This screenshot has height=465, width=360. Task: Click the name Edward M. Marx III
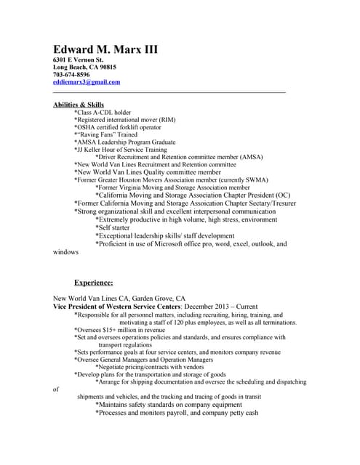point(105,50)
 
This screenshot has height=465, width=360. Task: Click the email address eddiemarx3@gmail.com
point(87,82)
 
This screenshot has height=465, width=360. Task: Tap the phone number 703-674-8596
point(71,74)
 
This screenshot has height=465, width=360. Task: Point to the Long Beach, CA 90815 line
point(84,66)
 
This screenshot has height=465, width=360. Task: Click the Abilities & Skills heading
point(79,105)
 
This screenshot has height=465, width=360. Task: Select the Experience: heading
point(93,282)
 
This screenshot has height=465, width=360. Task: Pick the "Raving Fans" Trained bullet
point(105,134)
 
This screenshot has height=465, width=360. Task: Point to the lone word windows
point(66,252)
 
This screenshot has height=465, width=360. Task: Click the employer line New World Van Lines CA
point(120,298)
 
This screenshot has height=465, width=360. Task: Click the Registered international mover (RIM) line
point(124,120)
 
